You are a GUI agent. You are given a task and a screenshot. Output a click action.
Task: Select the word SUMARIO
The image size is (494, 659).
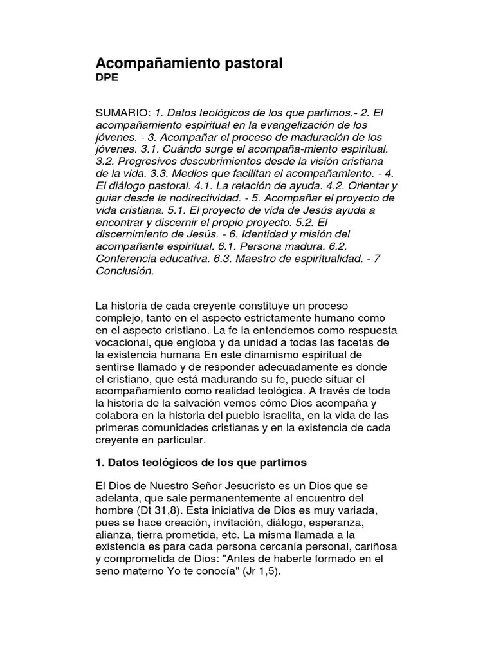coord(123,113)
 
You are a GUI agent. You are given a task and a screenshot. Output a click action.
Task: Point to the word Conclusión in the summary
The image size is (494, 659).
coord(125,271)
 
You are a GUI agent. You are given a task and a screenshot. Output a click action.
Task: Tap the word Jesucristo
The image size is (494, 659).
coord(235,485)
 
